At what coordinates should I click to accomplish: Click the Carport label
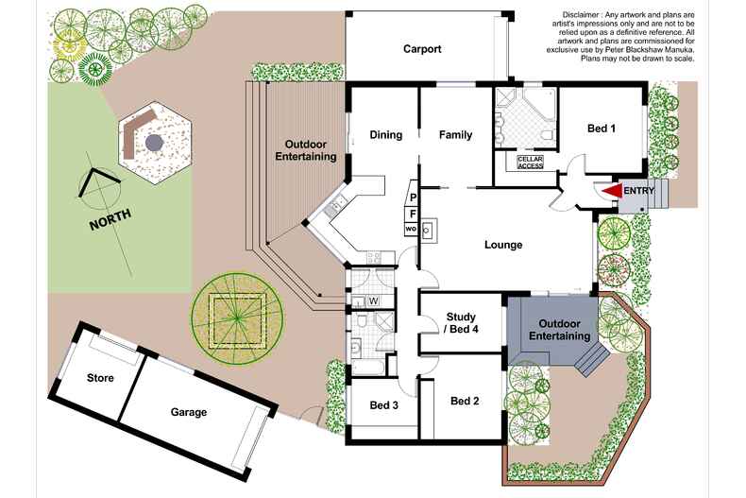(x=422, y=49)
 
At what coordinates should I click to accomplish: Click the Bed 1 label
(x=602, y=129)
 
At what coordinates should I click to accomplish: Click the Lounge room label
(x=503, y=245)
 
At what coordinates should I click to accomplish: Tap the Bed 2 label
(x=465, y=401)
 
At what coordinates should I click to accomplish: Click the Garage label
(x=189, y=412)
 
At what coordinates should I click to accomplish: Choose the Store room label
(x=100, y=378)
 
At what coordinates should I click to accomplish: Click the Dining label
(x=386, y=135)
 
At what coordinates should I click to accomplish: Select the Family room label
(x=455, y=135)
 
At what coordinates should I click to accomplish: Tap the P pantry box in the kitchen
(x=413, y=197)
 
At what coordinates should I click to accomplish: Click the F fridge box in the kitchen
(x=413, y=214)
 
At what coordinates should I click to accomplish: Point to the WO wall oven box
(x=412, y=229)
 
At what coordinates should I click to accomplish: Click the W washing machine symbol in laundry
(x=374, y=301)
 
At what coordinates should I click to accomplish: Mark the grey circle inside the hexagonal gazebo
(x=153, y=143)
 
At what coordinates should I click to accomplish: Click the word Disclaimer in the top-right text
(x=585, y=15)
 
